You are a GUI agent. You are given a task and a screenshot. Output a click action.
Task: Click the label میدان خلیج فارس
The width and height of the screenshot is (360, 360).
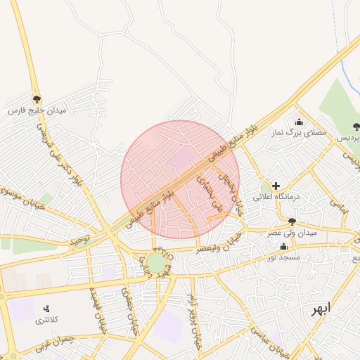(x=37, y=111)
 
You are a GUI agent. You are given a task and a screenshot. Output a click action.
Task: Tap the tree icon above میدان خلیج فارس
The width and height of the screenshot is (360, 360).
(x=37, y=99)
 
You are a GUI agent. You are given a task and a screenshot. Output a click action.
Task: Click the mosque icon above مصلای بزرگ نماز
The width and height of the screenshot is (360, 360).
(x=299, y=122)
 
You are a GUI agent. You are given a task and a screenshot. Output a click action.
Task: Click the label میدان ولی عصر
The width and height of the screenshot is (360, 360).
(x=292, y=232)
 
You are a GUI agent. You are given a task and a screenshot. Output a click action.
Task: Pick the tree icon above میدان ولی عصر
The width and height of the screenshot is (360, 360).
(x=291, y=221)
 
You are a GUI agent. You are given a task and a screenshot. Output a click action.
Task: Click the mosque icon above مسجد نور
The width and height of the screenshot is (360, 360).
(x=283, y=246)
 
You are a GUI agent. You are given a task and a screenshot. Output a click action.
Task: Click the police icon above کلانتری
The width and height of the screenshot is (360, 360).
(x=47, y=309)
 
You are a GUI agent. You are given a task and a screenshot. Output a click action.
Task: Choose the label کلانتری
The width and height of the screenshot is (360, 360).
(x=48, y=321)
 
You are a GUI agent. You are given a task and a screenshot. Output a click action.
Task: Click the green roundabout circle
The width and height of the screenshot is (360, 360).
(x=157, y=263)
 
